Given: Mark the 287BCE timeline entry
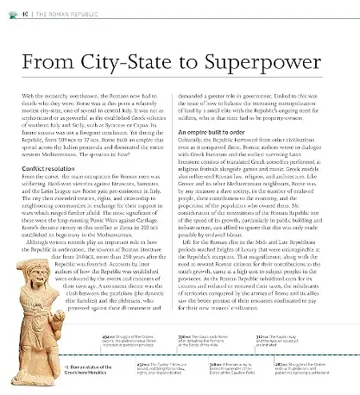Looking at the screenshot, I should click(311, 371).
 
